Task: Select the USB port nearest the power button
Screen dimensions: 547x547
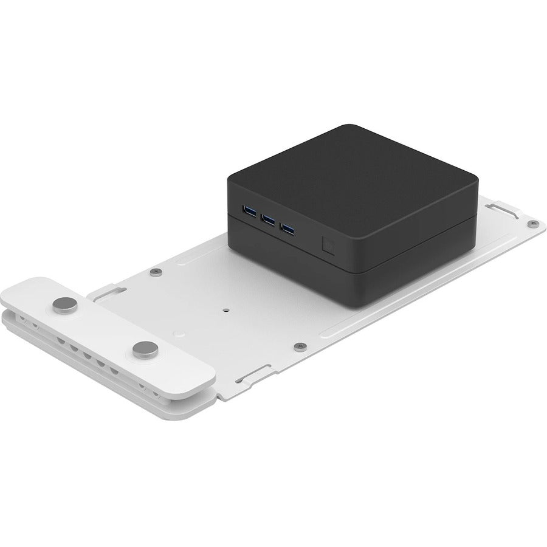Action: point(288,229)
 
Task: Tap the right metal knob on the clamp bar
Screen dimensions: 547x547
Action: point(145,348)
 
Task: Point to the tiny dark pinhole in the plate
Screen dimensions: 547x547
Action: point(226,308)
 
